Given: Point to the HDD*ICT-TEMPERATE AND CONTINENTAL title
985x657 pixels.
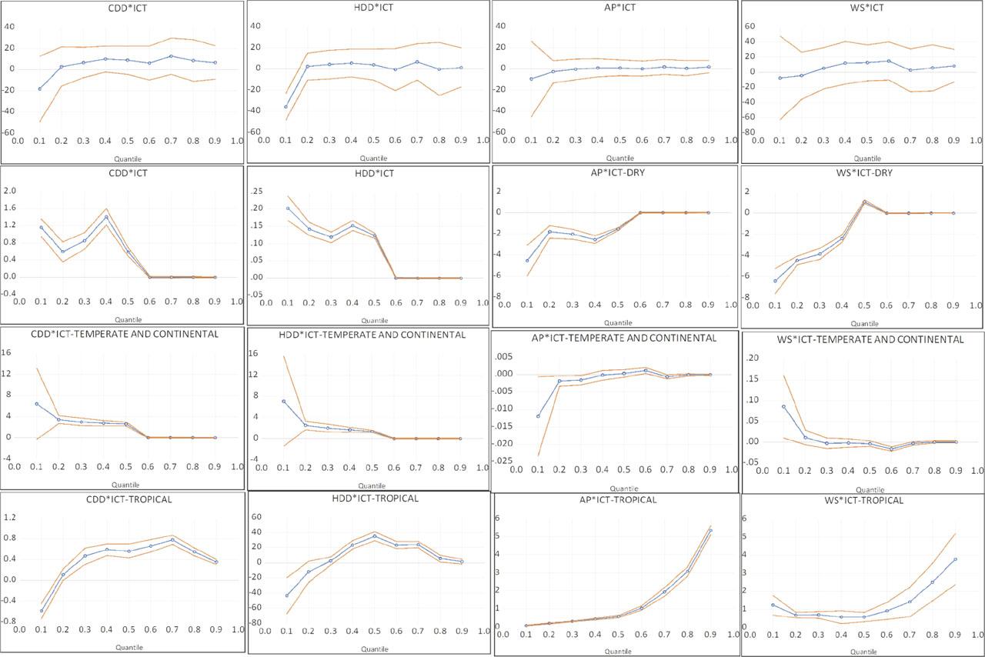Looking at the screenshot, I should pos(369,335).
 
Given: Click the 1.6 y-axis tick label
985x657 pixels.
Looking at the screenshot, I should pos(12,208).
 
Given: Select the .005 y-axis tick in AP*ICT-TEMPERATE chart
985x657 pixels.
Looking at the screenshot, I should pos(506,357).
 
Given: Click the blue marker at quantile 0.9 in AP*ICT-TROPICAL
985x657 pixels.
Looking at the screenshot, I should pos(710,530).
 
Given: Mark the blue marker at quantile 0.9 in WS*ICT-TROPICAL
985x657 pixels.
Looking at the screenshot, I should pos(954,559).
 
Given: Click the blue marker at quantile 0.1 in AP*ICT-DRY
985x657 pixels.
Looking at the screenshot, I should pos(527,260).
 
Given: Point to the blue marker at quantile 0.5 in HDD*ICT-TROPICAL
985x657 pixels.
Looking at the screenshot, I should pos(374,536).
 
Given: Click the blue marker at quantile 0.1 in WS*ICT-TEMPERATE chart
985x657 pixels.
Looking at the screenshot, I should pos(784,407).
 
